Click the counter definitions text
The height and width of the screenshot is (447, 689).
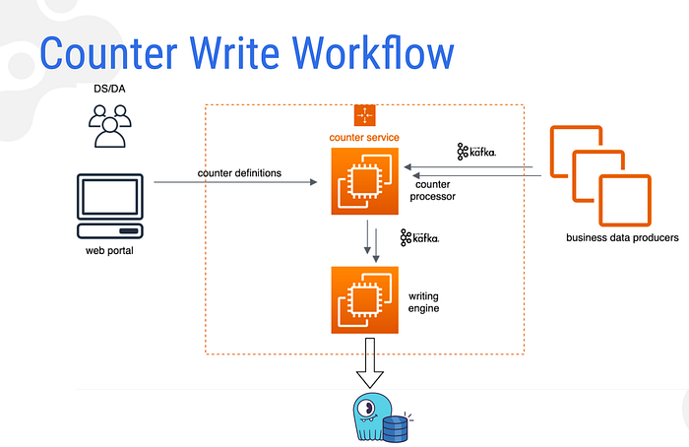(239, 173)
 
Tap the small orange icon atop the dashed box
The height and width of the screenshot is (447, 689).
(365, 115)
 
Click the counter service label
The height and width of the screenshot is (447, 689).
(365, 136)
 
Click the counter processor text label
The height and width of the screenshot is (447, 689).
(434, 190)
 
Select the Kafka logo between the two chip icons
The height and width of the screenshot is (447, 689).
(419, 237)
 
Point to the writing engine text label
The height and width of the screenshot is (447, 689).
(425, 301)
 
